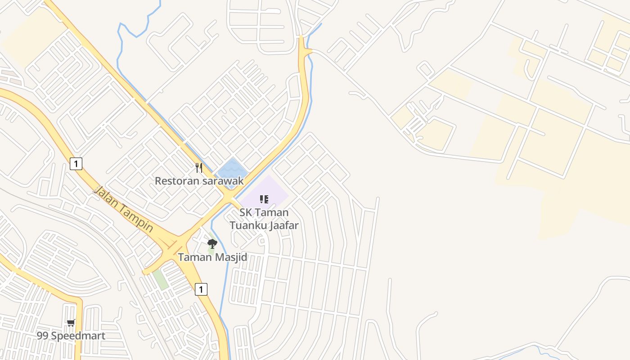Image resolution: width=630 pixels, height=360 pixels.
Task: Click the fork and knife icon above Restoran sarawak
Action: tap(199, 168)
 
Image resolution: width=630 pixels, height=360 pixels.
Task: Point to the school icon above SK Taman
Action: tap(264, 199)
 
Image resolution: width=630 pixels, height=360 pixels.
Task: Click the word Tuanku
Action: tap(247, 225)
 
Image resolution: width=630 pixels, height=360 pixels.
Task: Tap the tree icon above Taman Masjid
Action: tap(212, 244)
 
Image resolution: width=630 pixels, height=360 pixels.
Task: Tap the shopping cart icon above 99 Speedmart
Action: tap(71, 323)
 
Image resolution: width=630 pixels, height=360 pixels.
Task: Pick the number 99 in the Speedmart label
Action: tap(43, 336)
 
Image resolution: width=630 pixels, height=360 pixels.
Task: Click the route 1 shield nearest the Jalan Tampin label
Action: tap(76, 164)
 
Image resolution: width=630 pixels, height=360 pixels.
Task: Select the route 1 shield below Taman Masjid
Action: tap(201, 289)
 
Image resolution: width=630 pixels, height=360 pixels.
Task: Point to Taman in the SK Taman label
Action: tap(273, 212)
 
